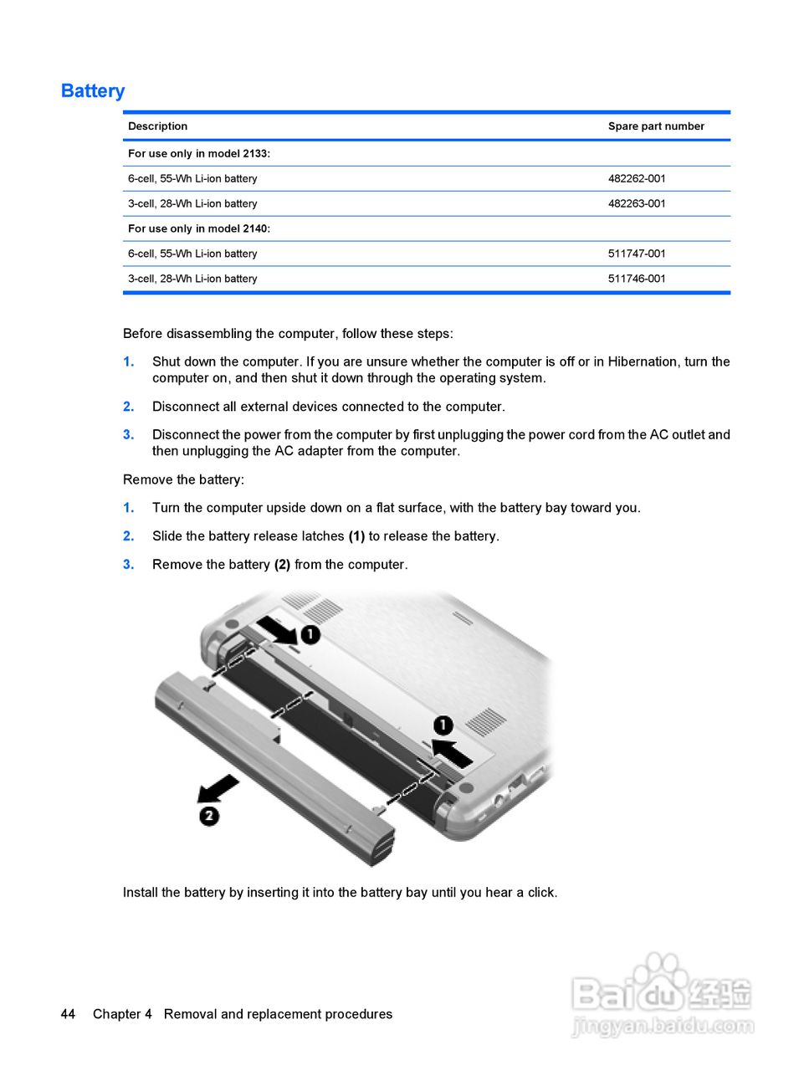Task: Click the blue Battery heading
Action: (93, 91)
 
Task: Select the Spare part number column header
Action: (656, 126)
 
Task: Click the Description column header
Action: (157, 126)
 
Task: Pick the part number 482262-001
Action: (637, 178)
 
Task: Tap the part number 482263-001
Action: (637, 203)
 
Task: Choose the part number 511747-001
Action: (637, 254)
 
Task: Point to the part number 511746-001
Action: (637, 279)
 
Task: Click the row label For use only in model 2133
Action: (199, 153)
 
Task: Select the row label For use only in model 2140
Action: (199, 228)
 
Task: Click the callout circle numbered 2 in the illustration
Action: (209, 815)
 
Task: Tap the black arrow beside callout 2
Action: (218, 787)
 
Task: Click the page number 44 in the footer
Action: (68, 1014)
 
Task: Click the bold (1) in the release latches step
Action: (356, 536)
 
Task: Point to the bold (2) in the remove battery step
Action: (282, 565)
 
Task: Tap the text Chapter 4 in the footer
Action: (122, 1014)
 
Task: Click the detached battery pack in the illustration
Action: (276, 761)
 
